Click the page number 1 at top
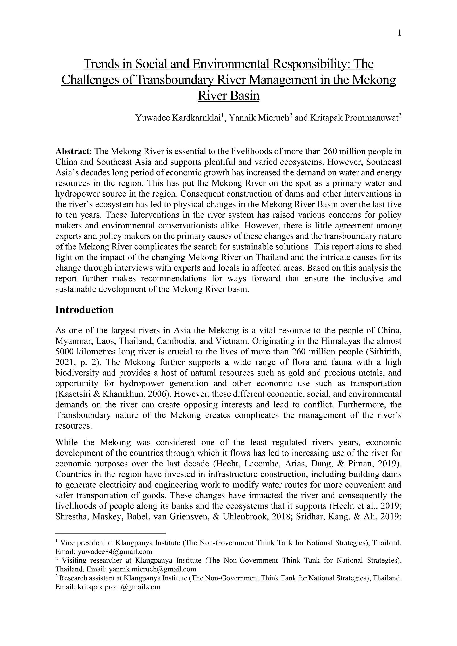point(399,33)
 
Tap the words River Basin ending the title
point(228,96)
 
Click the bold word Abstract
point(72,152)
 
